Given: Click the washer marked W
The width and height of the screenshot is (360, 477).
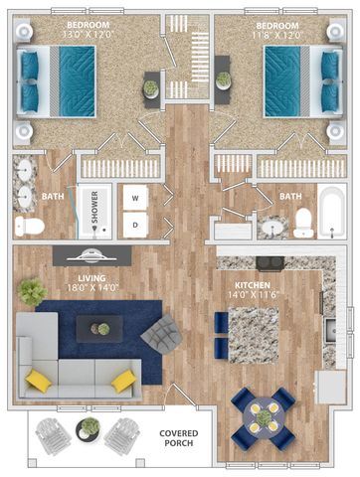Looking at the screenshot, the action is (135, 198).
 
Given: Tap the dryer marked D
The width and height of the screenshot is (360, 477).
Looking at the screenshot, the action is (135, 225).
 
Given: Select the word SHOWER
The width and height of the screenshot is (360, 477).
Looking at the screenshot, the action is (94, 207).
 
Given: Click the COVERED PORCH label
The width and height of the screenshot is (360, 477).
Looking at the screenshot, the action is (179, 438).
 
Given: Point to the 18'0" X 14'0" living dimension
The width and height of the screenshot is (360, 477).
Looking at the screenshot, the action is (92, 287).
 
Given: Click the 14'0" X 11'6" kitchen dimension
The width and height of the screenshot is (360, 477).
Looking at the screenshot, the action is (254, 295).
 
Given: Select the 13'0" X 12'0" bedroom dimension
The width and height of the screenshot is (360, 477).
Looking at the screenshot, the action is (88, 34).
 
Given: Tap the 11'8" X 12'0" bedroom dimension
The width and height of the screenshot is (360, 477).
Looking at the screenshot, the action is (276, 35).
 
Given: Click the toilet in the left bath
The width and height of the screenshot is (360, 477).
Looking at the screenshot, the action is (30, 227).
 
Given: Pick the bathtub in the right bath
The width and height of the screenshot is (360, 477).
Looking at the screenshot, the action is (332, 212).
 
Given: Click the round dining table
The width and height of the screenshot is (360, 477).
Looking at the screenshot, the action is (264, 418).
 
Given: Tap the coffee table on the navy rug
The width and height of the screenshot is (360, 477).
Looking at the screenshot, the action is (99, 329).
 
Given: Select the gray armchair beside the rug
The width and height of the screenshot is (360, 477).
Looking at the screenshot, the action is (162, 334).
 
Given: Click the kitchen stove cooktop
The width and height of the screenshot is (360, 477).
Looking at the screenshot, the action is (270, 263).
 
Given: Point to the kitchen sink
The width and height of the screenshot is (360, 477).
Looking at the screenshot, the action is (330, 330).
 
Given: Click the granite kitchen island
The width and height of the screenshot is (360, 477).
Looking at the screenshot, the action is (254, 335).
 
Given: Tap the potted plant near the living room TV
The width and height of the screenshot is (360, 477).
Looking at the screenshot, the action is (32, 291).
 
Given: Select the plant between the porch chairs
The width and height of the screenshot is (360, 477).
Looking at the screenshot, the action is (88, 429).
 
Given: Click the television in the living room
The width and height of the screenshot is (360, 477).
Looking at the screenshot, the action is (91, 255).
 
